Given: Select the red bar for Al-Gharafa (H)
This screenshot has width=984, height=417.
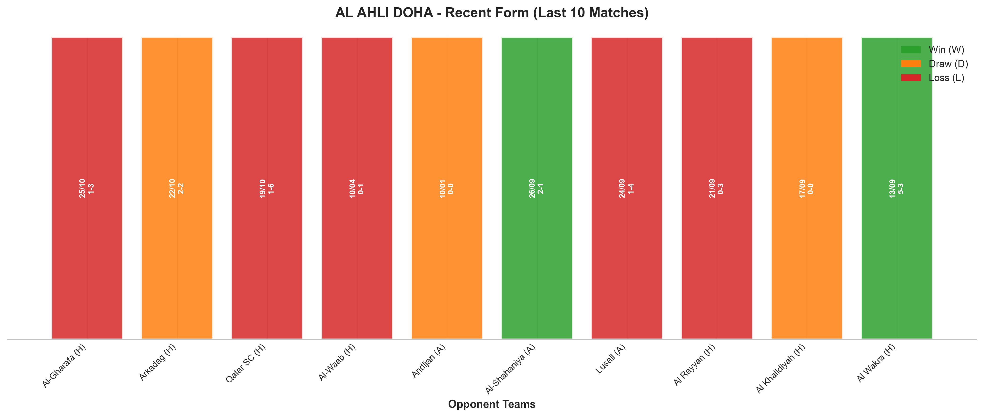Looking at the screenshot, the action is click(87, 188).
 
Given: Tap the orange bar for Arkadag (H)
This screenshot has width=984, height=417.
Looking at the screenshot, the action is click(177, 188).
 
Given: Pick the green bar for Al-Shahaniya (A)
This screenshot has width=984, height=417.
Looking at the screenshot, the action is click(537, 188).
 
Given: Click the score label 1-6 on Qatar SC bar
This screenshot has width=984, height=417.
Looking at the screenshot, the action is click(271, 188).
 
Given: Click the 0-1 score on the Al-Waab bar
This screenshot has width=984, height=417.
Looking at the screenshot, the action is click(361, 188).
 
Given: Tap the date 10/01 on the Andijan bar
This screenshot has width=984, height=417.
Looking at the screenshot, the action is click(442, 188).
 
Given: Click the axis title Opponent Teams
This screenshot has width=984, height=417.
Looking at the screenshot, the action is click(492, 405).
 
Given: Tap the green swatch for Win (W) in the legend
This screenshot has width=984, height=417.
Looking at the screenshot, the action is click(911, 50).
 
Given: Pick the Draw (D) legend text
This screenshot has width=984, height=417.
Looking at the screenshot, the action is click(948, 64).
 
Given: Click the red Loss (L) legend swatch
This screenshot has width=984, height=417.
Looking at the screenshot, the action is click(911, 78).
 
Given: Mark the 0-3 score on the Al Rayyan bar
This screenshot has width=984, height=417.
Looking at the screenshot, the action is click(721, 188).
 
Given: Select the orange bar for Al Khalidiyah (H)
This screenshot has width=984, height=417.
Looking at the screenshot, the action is click(807, 188).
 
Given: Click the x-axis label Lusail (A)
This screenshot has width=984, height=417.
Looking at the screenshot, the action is click(610, 359).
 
